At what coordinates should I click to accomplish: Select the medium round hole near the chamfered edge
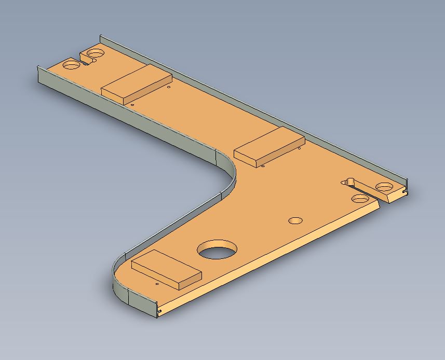click(x=295, y=220)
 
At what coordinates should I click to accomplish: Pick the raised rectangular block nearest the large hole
click(x=166, y=268)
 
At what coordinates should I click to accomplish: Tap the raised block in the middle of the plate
click(x=269, y=147)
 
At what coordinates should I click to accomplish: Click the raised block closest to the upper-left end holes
click(x=137, y=84)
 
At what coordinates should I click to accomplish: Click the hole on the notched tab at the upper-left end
click(x=95, y=53)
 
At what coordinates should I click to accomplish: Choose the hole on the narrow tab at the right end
click(x=385, y=187)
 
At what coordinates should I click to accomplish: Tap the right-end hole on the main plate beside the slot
click(x=360, y=199)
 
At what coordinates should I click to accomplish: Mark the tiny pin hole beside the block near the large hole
click(x=157, y=284)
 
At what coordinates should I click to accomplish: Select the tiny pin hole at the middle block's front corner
click(x=263, y=167)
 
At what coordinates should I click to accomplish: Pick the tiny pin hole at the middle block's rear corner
click(x=300, y=149)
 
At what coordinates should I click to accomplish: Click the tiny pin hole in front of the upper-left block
click(x=132, y=104)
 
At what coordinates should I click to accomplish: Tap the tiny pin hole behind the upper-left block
click(x=170, y=87)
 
